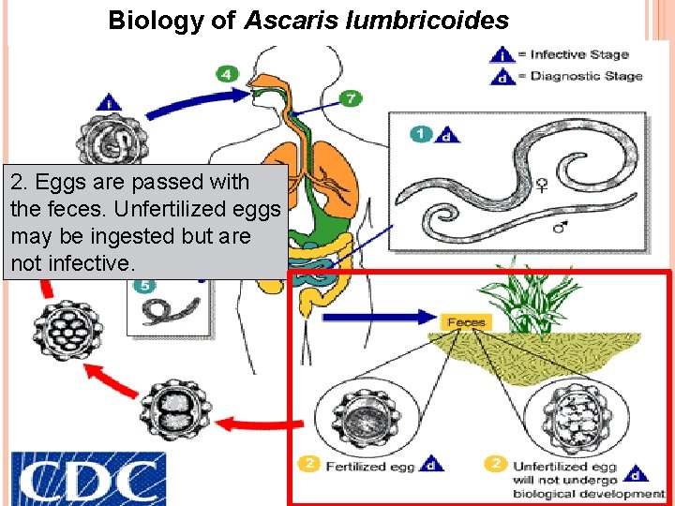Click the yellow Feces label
[466, 321]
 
